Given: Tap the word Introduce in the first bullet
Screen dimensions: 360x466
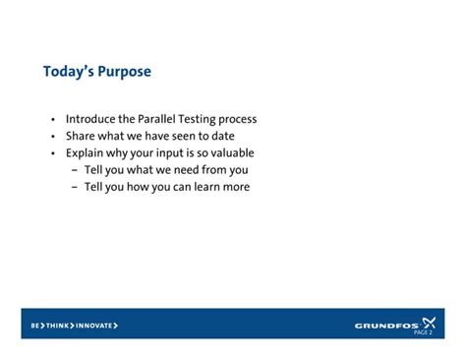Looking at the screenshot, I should pyautogui.click(x=90, y=119).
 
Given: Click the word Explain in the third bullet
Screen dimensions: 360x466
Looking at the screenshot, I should pyautogui.click(x=85, y=153).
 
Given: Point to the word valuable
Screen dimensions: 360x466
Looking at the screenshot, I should pyautogui.click(x=230, y=152).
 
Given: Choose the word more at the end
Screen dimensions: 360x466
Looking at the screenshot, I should pyautogui.click(x=236, y=187).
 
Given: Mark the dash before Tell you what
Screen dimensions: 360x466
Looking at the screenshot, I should pyautogui.click(x=75, y=169).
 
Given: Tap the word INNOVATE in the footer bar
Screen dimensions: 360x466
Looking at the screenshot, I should pyautogui.click(x=95, y=325).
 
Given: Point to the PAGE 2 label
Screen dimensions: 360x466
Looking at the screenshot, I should pyautogui.click(x=423, y=332).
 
